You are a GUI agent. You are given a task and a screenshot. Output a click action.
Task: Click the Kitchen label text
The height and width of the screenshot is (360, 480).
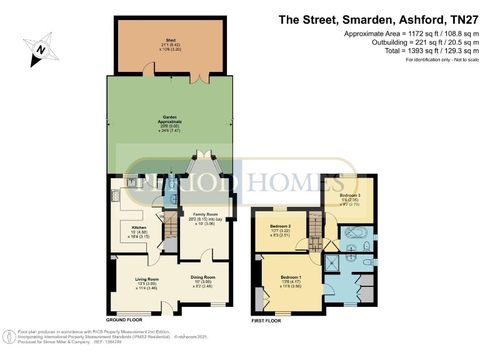tap(139, 227)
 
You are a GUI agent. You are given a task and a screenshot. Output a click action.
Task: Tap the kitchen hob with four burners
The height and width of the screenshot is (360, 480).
tap(116, 197)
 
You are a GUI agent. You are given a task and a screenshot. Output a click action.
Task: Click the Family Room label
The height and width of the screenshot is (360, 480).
tap(202, 213)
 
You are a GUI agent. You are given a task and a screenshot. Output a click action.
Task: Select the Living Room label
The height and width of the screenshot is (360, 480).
tap(147, 279)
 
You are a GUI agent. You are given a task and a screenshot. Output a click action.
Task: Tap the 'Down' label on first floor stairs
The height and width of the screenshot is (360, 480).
tap(316, 237)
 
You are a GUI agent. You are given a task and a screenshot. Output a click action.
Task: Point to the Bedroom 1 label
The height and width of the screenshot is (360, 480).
tap(291, 277)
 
